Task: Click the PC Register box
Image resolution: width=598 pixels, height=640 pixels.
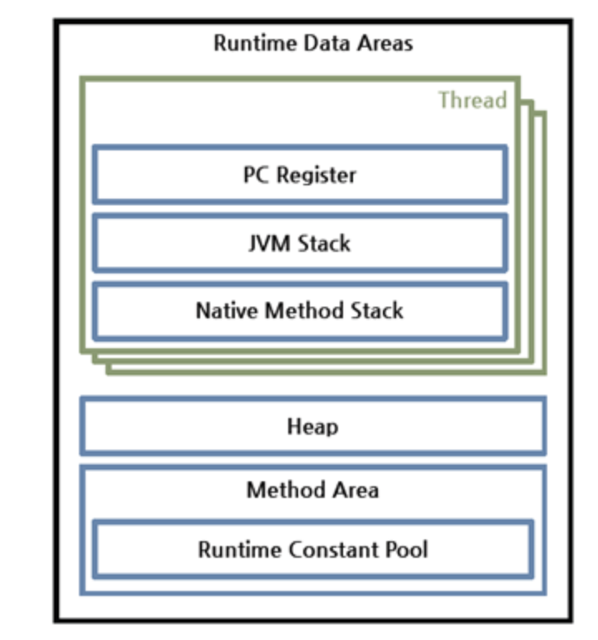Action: (x=300, y=175)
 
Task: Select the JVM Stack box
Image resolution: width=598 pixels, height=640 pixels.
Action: (x=300, y=243)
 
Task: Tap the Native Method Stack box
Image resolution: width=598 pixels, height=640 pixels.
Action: (x=300, y=311)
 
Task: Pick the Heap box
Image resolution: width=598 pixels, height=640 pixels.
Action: (x=313, y=426)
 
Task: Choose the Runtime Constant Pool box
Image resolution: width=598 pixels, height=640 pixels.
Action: (x=313, y=549)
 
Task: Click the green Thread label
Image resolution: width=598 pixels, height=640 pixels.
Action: (x=473, y=100)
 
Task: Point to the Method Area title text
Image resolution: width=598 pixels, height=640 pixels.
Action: (x=313, y=490)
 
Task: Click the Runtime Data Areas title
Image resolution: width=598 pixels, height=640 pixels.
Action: (x=313, y=43)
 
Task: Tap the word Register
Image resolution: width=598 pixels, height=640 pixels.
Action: (x=316, y=175)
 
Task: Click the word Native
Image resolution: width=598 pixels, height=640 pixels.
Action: (x=228, y=310)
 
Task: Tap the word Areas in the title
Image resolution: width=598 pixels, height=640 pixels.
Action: (x=385, y=43)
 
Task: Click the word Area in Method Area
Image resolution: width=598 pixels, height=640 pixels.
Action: (x=355, y=490)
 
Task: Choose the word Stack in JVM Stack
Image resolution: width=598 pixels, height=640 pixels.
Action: (x=324, y=244)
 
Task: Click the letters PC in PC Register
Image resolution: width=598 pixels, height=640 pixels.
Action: (x=256, y=175)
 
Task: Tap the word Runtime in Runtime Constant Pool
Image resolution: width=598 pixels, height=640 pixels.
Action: (x=240, y=549)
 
